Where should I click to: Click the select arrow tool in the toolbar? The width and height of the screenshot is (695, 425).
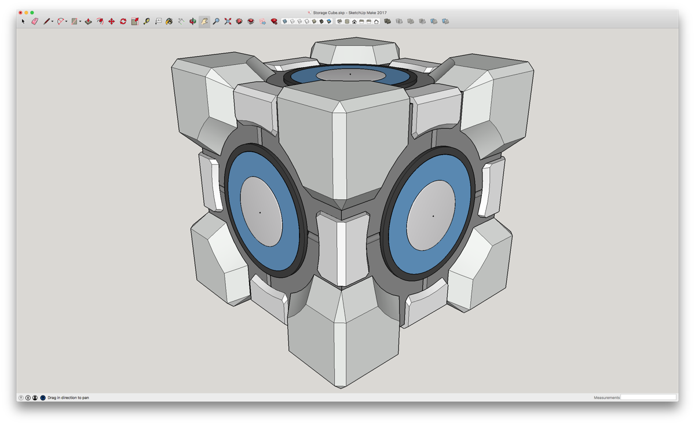tap(23, 21)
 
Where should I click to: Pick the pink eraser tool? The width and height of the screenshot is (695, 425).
tap(34, 21)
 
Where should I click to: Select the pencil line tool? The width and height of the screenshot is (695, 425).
tap(46, 21)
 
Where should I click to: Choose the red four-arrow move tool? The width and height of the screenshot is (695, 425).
tap(111, 21)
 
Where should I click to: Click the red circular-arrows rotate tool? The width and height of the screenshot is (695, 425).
tap(123, 21)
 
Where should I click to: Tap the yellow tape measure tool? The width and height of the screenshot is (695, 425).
tap(147, 21)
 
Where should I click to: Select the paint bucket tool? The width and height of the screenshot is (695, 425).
tap(169, 21)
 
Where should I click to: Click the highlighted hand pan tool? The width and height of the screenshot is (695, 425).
tap(204, 21)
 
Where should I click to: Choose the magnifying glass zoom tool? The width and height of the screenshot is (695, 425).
tap(216, 21)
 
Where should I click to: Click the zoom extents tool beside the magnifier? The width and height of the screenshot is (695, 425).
tap(228, 21)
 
